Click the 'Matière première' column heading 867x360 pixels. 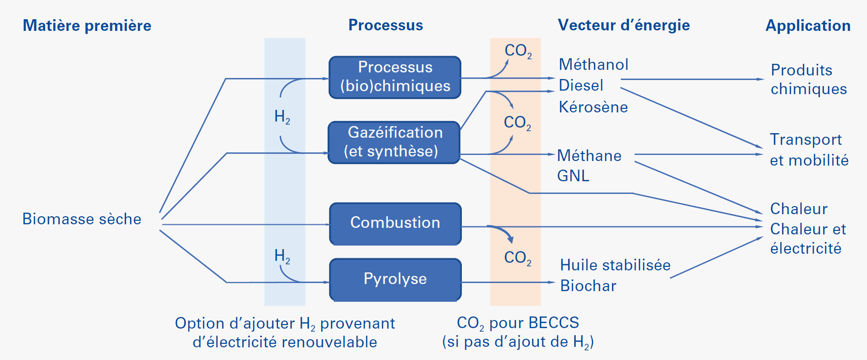pos(87,25)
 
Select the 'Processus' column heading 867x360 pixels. pos(385,25)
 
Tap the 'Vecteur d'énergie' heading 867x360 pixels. pos(623,25)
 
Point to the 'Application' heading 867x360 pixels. pos(808,25)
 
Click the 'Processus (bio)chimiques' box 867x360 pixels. pos(395,77)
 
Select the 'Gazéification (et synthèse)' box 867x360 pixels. pos(394,142)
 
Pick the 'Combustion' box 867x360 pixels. pos(395,223)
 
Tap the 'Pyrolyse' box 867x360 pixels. pos(395,279)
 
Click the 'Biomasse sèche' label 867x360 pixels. pos(82,219)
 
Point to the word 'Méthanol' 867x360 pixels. pos(594,65)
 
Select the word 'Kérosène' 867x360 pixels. pos(593,107)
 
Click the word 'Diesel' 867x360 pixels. pos(581,86)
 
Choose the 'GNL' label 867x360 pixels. pos(573,176)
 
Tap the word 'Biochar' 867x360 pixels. pos(588,286)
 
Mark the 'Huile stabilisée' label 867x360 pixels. pos(615,265)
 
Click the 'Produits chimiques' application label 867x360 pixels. pos(808,79)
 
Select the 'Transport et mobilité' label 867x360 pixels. pos(809,150)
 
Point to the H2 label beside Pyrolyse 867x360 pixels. pos(282,256)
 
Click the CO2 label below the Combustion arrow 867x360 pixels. pos(518,258)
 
